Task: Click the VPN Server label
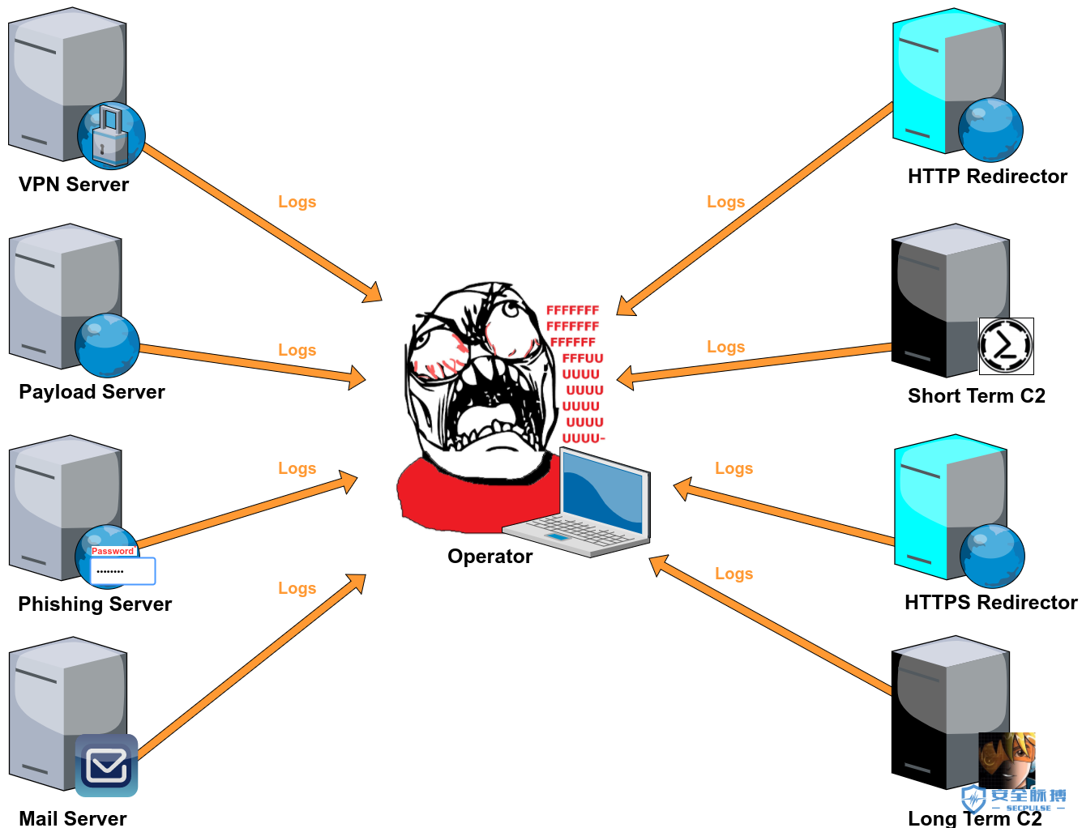coord(74,184)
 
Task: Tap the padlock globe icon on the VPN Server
coord(111,135)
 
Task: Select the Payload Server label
coord(92,392)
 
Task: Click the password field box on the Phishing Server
coord(122,570)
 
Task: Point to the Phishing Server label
coord(95,604)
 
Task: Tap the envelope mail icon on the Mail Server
coord(106,766)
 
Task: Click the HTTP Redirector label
coord(987,176)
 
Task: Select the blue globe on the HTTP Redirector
coord(990,130)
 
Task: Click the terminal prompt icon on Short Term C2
coord(1007,346)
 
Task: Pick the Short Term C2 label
coord(977,395)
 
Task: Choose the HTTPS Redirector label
coord(991,603)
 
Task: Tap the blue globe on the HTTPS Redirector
coord(992,556)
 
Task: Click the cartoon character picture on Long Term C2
coord(1007,760)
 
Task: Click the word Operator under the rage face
coord(490,557)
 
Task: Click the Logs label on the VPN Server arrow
coord(297,202)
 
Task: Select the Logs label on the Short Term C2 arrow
coord(726,347)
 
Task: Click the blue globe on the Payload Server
coord(107,345)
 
